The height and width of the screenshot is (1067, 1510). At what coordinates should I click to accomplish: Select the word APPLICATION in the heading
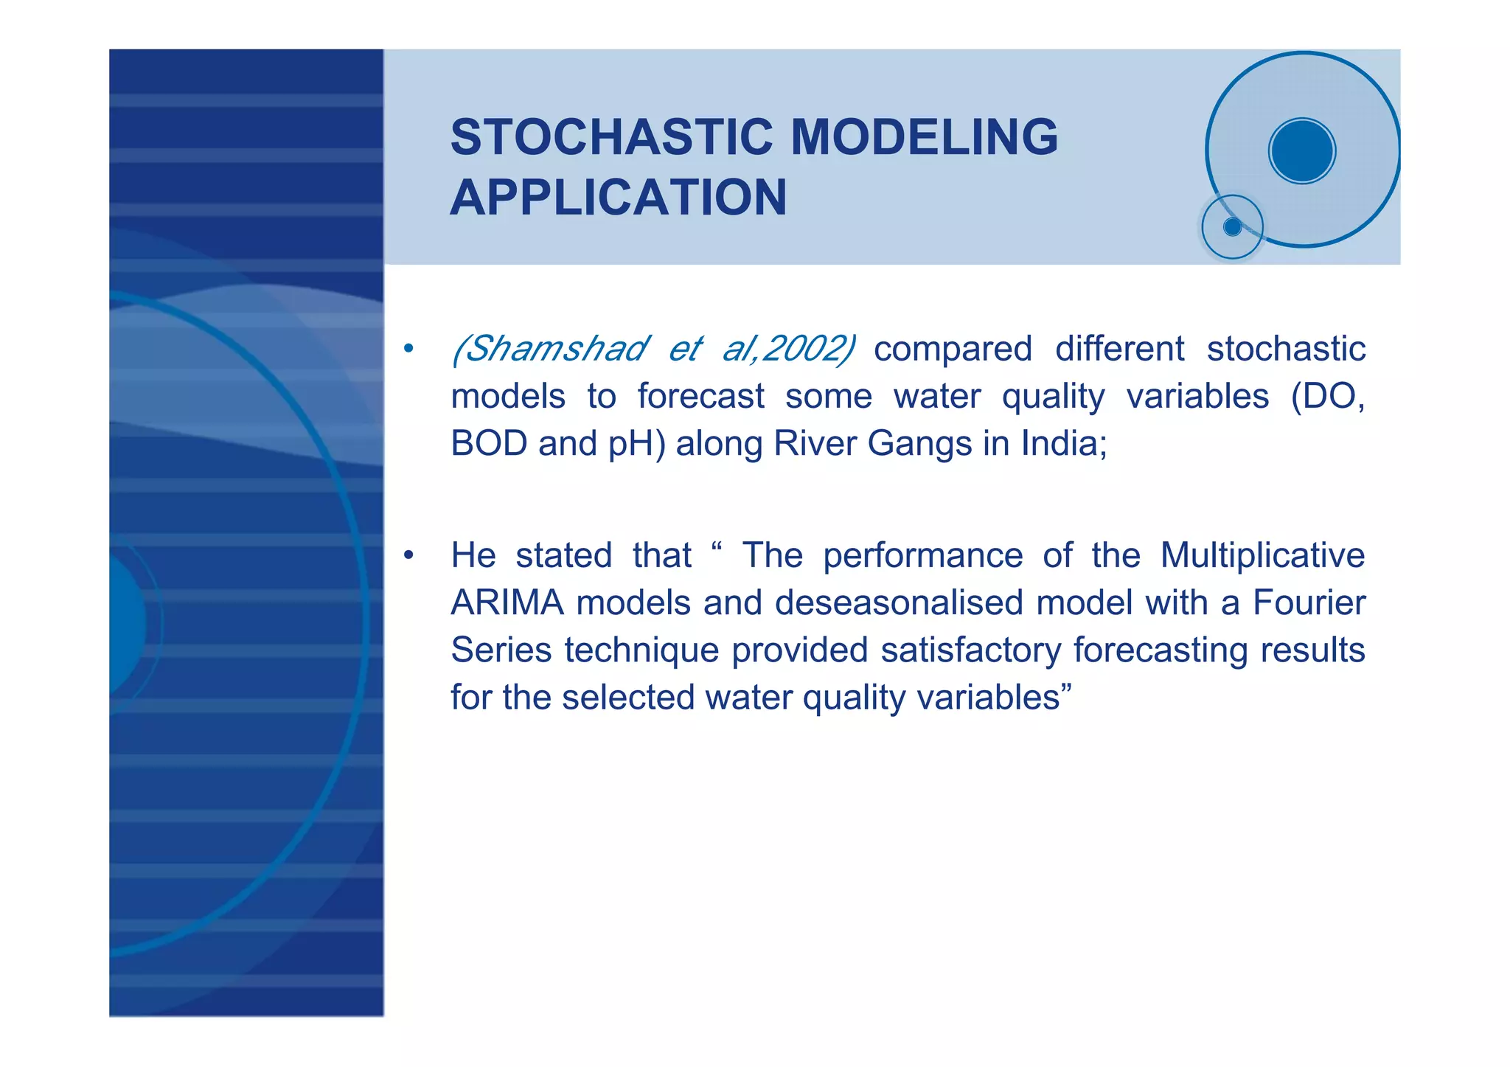pyautogui.click(x=619, y=198)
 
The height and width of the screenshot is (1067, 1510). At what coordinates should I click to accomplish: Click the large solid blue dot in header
pyautogui.click(x=1302, y=151)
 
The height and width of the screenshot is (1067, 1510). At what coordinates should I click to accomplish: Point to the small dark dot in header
pyautogui.click(x=1232, y=227)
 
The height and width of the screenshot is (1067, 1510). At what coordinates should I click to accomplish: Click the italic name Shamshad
pyautogui.click(x=551, y=349)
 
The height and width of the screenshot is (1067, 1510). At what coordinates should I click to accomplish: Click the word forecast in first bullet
pyautogui.click(x=700, y=397)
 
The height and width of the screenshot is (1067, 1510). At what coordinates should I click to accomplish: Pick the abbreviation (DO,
pyautogui.click(x=1327, y=397)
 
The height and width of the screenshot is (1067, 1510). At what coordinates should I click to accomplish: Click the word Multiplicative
pyautogui.click(x=1262, y=555)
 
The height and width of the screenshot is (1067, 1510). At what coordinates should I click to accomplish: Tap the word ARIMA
pyautogui.click(x=507, y=603)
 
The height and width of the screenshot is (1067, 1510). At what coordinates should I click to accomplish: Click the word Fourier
pyautogui.click(x=1309, y=603)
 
